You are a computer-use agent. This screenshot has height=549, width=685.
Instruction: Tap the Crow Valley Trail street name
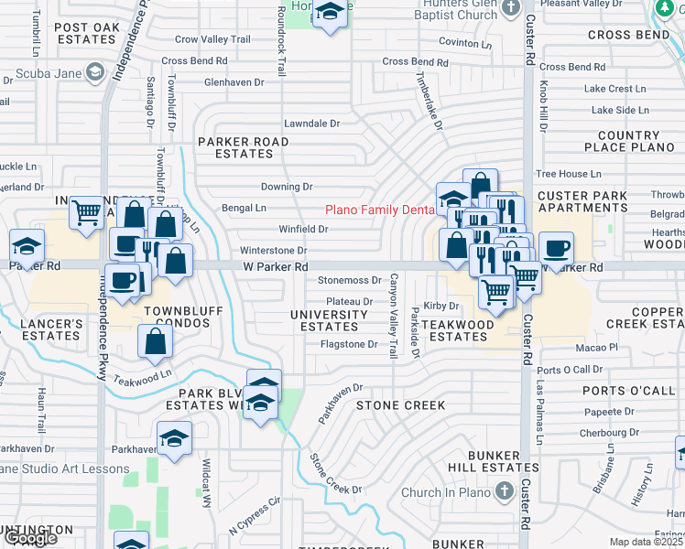[212, 39]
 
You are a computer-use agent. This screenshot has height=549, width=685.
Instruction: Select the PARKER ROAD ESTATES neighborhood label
[244, 148]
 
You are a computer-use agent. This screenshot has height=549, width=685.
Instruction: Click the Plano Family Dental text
[378, 210]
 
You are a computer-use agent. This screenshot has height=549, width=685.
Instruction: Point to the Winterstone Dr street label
[272, 251]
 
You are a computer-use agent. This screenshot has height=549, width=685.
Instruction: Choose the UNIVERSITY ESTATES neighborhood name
[330, 320]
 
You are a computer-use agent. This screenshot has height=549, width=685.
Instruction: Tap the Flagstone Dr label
[349, 345]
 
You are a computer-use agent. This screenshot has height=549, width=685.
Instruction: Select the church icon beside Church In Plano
[503, 491]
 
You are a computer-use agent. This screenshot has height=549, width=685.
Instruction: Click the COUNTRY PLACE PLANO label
[628, 142]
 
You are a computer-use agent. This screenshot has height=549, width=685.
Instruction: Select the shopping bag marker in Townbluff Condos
[156, 341]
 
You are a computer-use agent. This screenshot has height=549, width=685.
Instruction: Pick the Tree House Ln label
[569, 174]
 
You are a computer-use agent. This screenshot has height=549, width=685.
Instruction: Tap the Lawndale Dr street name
[311, 124]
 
